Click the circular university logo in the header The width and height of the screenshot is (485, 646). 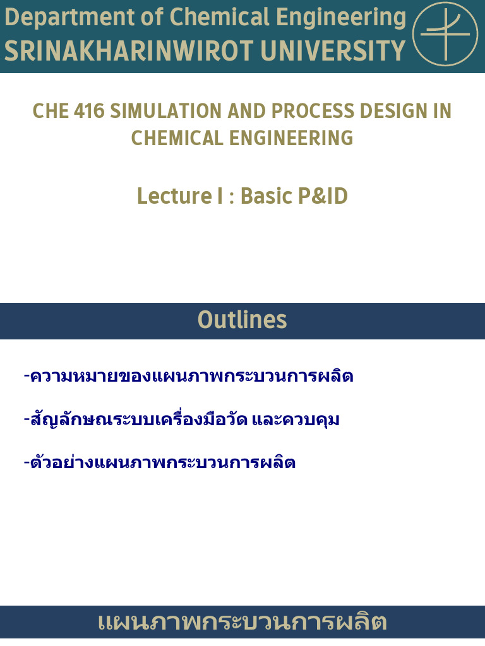pos(445,34)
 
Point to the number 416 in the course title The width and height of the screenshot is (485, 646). pos(88,111)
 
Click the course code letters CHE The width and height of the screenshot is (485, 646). pos(50,111)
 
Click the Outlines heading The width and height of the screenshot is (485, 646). pos(242,320)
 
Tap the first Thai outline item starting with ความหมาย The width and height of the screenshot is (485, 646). pos(188,377)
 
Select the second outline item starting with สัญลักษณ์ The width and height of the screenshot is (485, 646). pos(181,420)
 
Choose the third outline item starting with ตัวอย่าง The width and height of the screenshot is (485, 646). pos(159,462)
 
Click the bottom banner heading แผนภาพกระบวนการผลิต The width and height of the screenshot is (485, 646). pos(242,623)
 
